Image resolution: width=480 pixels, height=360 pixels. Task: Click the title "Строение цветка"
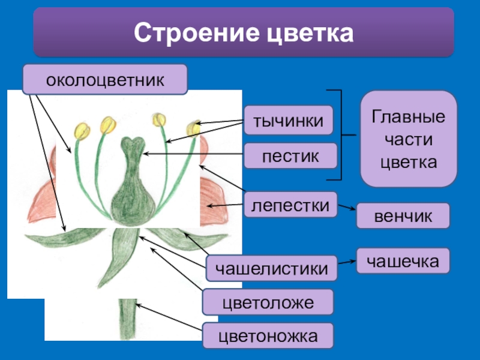(x=243, y=33)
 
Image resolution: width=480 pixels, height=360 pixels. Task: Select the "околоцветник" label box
(x=105, y=80)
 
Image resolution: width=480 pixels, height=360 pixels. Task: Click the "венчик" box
(x=403, y=216)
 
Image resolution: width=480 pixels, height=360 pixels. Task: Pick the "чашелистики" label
(x=272, y=268)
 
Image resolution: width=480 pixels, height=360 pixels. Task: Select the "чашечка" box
(x=403, y=260)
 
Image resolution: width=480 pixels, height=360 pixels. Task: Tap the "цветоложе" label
(x=268, y=302)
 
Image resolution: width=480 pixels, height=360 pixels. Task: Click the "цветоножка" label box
(x=268, y=336)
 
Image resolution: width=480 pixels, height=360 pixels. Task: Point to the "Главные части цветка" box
(x=409, y=139)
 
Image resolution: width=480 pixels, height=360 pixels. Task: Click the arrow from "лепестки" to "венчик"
(x=346, y=210)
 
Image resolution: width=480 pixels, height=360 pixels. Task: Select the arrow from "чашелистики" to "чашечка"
(x=346, y=263)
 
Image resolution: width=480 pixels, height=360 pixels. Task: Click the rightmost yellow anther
(x=194, y=128)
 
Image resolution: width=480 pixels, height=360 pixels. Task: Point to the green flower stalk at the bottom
(x=127, y=321)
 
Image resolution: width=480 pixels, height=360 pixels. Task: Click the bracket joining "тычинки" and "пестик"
(x=340, y=135)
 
